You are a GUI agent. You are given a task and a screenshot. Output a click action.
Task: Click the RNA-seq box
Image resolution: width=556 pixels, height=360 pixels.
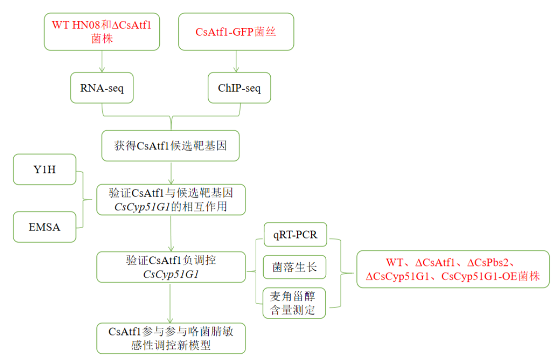pos(102,88)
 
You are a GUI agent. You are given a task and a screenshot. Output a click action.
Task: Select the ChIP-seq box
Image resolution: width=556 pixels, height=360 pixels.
pos(239,88)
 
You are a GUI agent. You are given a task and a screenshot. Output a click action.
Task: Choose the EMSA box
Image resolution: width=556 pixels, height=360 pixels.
pos(44,227)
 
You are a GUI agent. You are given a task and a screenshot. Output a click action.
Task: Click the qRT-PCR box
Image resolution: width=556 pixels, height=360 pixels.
pos(295,234)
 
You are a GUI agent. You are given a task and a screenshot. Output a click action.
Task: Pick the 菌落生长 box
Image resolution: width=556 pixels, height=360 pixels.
pos(295,267)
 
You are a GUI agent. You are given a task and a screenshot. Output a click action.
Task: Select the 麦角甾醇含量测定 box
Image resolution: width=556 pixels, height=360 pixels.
pos(295,302)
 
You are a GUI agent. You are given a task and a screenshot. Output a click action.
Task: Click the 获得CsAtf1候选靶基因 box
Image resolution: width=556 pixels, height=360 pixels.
pos(170,146)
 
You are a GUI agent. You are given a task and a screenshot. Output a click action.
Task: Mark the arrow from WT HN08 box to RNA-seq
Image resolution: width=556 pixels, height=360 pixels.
pos(102,60)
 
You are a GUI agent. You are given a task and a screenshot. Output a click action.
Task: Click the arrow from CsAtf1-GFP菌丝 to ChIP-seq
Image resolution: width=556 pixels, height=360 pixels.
pos(236,60)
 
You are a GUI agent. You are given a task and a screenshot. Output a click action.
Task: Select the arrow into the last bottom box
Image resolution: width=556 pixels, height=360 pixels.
pos(171,305)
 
